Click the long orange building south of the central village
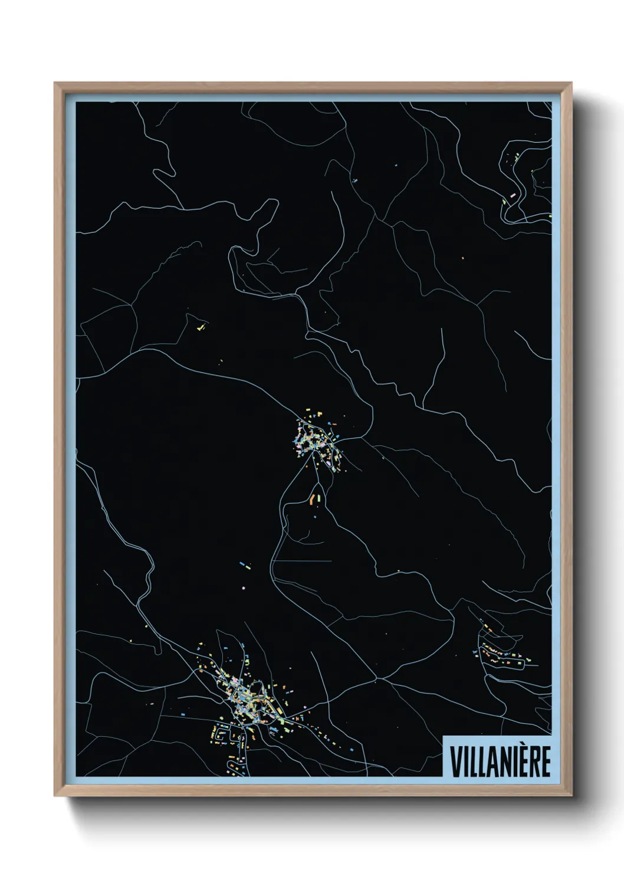pos(312,499)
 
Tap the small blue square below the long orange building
pos(315,517)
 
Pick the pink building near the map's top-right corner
pos(513,193)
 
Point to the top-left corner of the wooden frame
pos(55,83)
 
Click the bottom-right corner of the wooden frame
pos(572,796)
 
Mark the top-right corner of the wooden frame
pos(572,83)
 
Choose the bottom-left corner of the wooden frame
pos(55,796)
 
